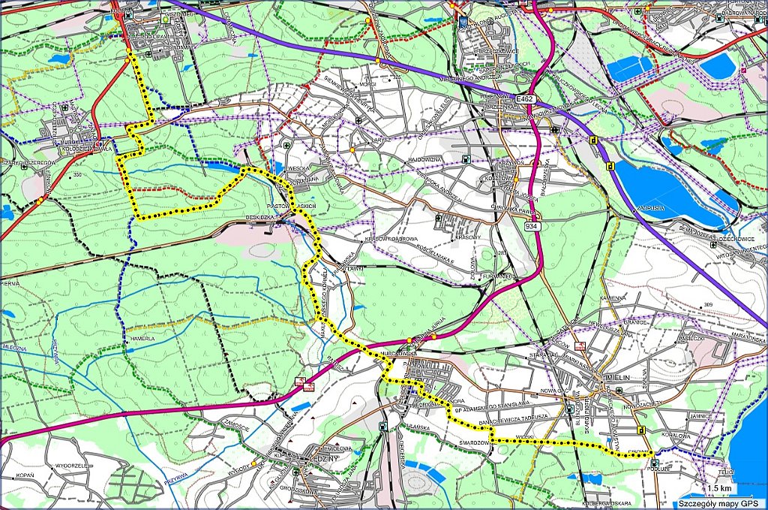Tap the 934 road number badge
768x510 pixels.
(532, 226)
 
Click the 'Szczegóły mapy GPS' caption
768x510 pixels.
(718, 503)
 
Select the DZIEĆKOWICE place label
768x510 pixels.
(735, 238)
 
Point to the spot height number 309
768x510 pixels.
(708, 304)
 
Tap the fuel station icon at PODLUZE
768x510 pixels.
(655, 463)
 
